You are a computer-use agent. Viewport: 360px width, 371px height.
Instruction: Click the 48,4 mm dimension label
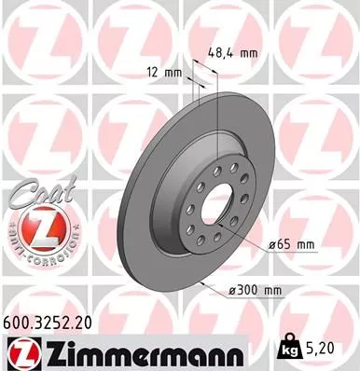[x=230, y=53]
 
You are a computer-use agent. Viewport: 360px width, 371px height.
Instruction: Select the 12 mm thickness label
[x=164, y=72]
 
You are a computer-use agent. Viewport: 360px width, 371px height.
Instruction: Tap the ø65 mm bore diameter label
[x=290, y=245]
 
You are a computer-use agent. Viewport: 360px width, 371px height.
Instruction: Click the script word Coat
[x=36, y=192]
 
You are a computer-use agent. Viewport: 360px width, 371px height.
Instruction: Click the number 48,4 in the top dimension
[x=221, y=53]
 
